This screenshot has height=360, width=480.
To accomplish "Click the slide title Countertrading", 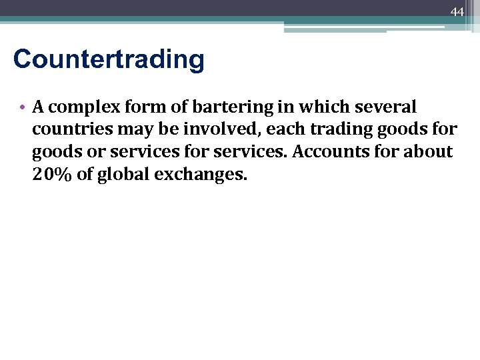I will (109, 59).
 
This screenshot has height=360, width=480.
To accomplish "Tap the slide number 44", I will (457, 12).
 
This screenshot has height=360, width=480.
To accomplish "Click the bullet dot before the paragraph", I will (23, 107).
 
